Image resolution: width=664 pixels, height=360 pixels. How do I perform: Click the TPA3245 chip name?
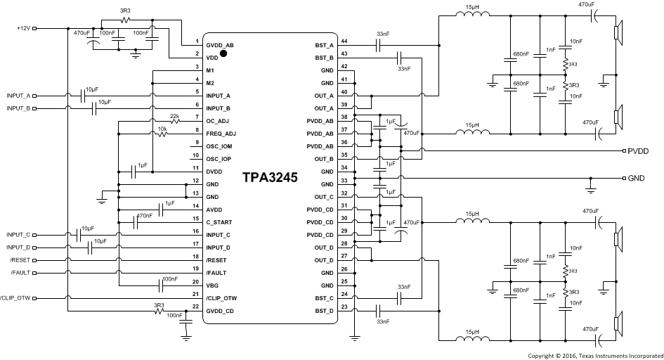271,179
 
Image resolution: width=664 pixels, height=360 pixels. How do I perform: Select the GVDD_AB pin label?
219,44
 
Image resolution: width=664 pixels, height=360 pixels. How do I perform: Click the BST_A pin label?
323,44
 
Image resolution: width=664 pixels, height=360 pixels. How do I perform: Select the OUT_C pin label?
323,196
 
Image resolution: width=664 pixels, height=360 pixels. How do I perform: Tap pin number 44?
344,41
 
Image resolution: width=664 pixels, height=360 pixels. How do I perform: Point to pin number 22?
196,307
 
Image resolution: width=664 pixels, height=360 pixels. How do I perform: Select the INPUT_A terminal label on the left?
18,95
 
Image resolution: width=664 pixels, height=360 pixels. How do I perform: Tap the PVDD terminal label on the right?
637,151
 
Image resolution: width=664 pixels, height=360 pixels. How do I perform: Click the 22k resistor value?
174,115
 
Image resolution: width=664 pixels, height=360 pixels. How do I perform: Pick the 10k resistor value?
162,129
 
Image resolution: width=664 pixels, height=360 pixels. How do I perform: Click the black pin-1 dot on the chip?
223,52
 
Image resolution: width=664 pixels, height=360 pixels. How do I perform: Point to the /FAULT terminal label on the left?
20,273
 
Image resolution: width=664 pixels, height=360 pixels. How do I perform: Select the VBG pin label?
213,285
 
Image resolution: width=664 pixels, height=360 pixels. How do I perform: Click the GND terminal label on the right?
636,178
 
